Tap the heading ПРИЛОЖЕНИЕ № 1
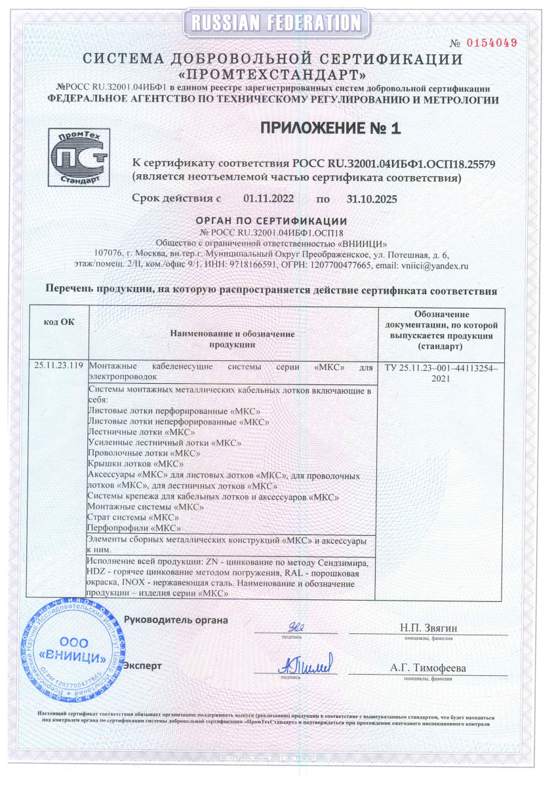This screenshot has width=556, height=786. tap(330, 128)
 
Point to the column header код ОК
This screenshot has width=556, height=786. tap(59, 322)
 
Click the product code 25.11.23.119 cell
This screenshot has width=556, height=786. tap(59, 366)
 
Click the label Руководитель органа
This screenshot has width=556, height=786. tap(176, 620)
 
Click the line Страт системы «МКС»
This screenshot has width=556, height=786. tap(124, 518)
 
